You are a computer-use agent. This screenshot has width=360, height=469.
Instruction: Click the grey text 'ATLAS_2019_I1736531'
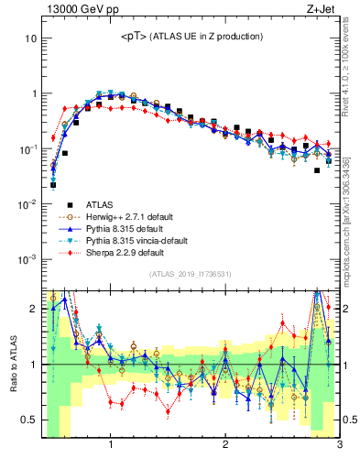point(190,275)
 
